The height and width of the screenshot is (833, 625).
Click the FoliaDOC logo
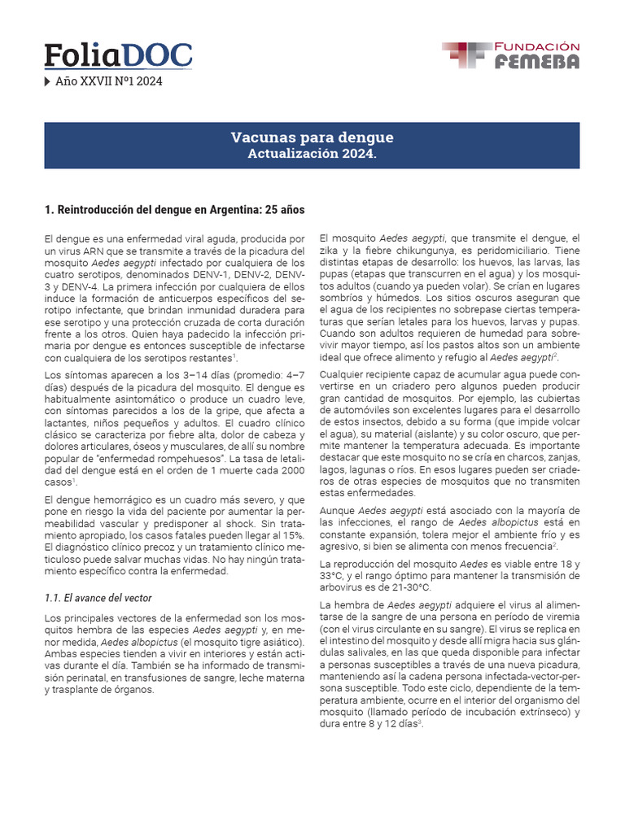(118, 55)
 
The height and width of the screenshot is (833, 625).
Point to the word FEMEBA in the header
(537, 63)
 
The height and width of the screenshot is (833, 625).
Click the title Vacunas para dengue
(312, 137)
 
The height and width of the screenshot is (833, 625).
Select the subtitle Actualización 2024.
(312, 154)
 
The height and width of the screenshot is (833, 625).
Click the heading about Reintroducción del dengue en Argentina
(174, 210)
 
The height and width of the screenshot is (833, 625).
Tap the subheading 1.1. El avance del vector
(98, 598)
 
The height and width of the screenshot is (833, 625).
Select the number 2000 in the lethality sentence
(291, 471)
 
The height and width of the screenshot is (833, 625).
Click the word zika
(333, 251)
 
